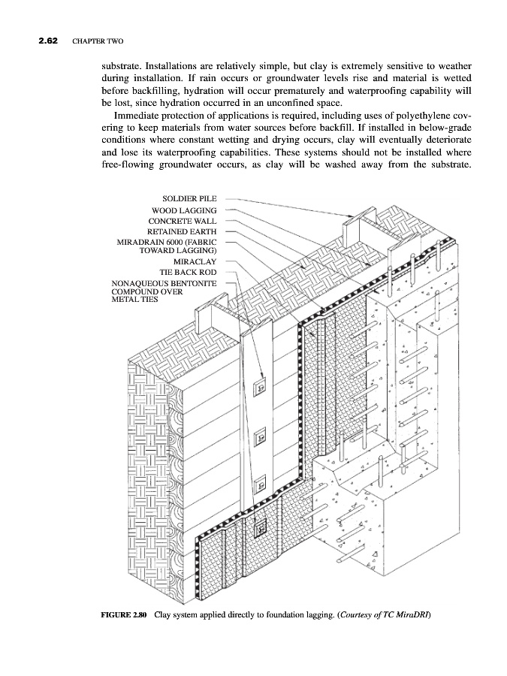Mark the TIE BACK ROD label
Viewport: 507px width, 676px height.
188,272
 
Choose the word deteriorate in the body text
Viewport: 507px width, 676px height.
448,142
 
